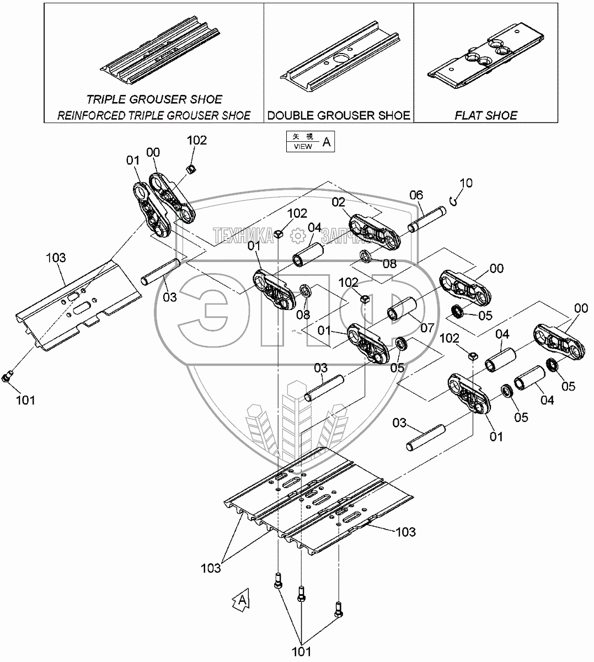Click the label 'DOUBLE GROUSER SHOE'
(339, 115)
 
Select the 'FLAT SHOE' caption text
(486, 115)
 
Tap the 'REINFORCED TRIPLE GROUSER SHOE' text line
(154, 115)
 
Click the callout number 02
(338, 202)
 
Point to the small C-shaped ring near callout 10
(453, 201)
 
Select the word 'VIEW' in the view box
(303, 147)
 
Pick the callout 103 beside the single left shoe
(56, 257)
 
